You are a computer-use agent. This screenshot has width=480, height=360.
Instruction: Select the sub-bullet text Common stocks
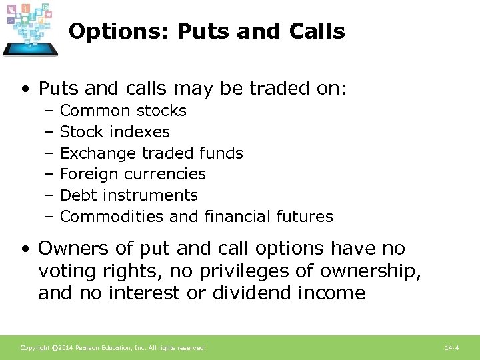click(123, 111)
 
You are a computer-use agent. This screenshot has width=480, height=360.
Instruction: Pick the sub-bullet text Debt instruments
click(129, 195)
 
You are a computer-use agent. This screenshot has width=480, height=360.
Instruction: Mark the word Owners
click(69, 249)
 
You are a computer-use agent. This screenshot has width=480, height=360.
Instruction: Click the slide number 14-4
click(452, 348)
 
